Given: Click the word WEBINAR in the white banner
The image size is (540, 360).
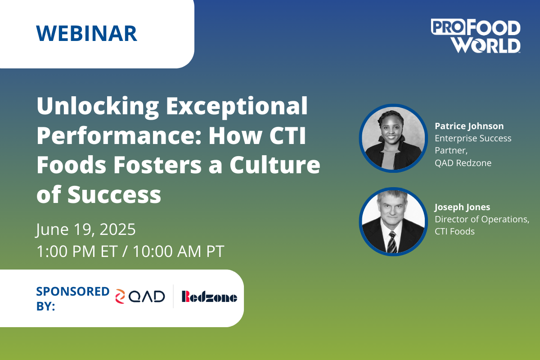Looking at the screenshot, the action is (x=87, y=33).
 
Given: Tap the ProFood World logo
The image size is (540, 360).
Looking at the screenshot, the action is (x=476, y=36).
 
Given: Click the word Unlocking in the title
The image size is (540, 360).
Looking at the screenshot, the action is (x=98, y=107).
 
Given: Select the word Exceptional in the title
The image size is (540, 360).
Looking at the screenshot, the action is (x=237, y=107).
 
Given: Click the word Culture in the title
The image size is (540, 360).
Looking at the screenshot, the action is (x=275, y=165).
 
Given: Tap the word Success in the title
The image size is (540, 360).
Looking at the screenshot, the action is (x=114, y=194).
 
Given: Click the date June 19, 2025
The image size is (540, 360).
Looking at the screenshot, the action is (x=86, y=229).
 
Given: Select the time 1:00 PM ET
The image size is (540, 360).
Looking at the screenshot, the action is (x=77, y=251).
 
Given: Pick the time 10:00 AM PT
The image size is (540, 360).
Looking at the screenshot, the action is (x=179, y=251).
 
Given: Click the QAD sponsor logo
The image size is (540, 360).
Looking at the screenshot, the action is (x=140, y=297).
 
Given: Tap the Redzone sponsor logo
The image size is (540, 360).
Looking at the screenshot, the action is (x=210, y=297).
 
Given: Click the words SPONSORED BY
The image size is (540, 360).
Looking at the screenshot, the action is (x=73, y=299).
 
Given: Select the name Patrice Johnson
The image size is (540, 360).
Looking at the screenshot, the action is (x=469, y=126).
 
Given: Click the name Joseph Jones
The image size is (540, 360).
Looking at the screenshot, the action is (x=462, y=207).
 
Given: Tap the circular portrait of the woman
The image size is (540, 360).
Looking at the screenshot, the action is (x=393, y=138).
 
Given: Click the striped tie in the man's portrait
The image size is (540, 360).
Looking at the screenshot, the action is (x=392, y=242).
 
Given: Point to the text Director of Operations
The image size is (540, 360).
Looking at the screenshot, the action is (x=482, y=219).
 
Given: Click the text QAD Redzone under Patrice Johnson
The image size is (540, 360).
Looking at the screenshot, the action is (x=463, y=163).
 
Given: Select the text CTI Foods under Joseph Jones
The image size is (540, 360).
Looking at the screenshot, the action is (x=454, y=231).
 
